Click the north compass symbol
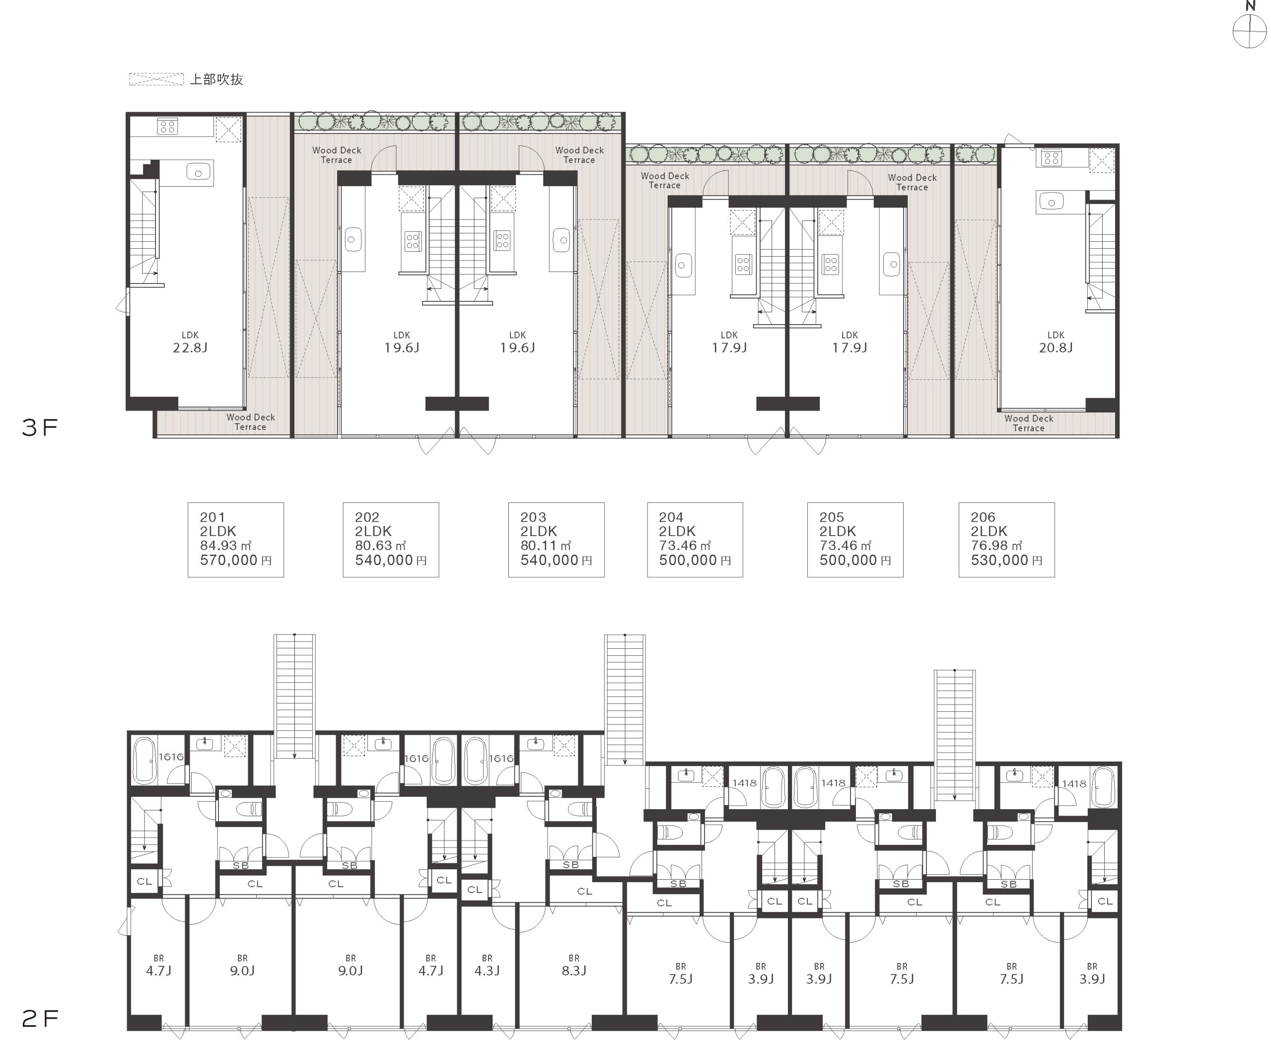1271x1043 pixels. point(1249,30)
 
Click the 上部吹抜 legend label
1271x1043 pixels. point(216,79)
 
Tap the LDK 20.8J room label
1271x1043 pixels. point(1056,342)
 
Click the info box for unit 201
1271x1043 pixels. point(235,540)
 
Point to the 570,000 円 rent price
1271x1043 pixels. point(235,560)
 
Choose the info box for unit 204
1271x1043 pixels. point(695,540)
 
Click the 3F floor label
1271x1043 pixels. point(40,427)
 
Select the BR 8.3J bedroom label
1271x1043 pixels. point(574,966)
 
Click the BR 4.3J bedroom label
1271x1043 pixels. point(487,966)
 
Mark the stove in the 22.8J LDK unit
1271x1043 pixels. point(168,127)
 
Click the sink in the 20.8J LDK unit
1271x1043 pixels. point(1051,202)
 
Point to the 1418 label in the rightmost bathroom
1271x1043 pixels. point(1074,784)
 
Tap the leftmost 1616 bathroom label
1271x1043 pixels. point(171,757)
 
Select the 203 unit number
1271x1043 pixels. point(533,517)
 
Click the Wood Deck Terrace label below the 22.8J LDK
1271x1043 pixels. point(251,422)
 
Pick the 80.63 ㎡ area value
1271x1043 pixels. point(381,546)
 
